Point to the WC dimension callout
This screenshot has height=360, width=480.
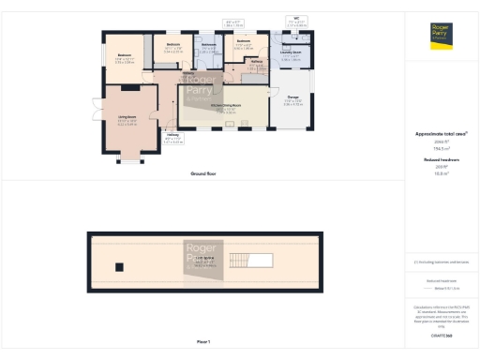[296, 21]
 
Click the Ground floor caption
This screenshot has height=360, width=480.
[203, 173]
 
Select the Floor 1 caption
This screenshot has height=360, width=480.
[203, 340]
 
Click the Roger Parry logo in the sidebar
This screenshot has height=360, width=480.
[441, 35]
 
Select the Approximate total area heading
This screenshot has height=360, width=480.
[441, 134]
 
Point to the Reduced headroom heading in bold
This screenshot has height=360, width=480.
[441, 160]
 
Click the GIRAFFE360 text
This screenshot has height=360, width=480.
[441, 335]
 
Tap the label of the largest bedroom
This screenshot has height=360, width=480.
[125, 56]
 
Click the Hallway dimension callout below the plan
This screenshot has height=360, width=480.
[174, 142]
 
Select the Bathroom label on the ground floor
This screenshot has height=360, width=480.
[209, 45]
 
